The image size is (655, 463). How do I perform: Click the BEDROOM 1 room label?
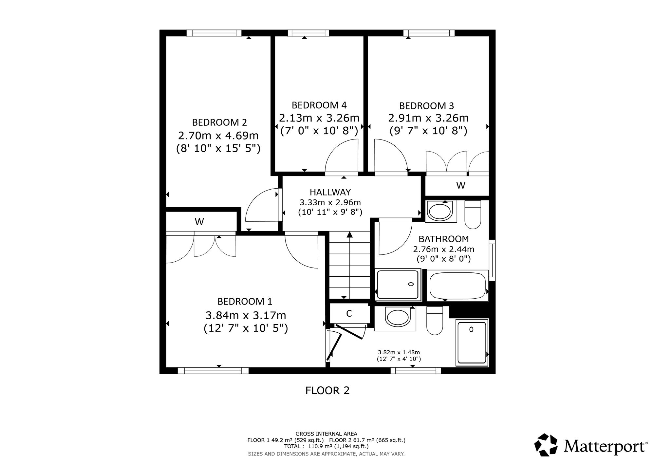point(245,301)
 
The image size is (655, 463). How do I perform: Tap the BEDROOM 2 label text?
point(219,122)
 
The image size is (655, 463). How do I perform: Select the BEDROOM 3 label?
point(427,106)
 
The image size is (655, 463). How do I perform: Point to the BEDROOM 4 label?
point(319,105)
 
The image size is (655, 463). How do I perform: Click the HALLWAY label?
point(330,192)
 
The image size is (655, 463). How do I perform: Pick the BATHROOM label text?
point(444,239)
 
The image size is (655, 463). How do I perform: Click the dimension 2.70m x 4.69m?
point(218,135)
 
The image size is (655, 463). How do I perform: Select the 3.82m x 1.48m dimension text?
point(399,352)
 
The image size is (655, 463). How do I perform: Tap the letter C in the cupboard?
point(349,314)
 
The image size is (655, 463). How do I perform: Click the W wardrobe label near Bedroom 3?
point(461,185)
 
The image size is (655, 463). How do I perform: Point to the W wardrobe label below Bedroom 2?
point(199,222)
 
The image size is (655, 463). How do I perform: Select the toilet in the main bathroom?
point(473,215)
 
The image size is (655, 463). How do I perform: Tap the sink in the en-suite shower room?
point(398,317)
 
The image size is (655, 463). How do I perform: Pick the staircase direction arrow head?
point(350,234)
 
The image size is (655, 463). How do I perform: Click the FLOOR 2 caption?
point(327,390)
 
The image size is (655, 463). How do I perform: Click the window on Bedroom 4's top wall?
point(309,33)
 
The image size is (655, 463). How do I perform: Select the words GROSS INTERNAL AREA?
point(327,434)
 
